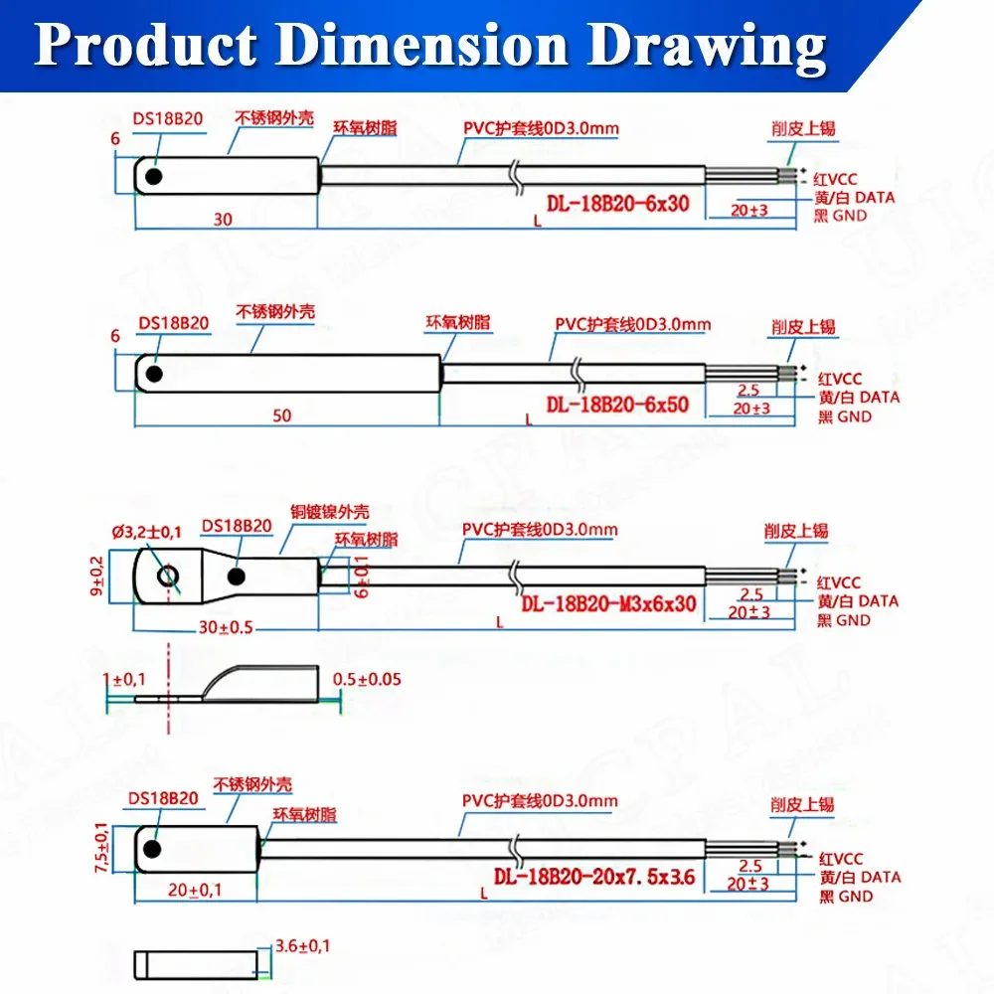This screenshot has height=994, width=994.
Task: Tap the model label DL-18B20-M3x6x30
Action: pyautogui.click(x=608, y=604)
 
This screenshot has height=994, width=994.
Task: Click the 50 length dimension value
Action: pyautogui.click(x=282, y=415)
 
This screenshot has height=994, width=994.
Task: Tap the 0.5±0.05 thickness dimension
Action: pyautogui.click(x=366, y=680)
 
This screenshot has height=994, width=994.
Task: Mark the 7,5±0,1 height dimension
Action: pyautogui.click(x=100, y=847)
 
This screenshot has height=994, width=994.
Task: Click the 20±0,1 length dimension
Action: pyautogui.click(x=195, y=891)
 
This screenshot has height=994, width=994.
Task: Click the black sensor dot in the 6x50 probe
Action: pyautogui.click(x=152, y=375)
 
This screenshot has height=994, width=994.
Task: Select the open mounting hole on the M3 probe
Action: pyautogui.click(x=168, y=577)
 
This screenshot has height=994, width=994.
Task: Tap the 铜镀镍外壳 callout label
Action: pyautogui.click(x=330, y=512)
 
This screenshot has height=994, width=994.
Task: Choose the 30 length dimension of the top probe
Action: pyautogui.click(x=224, y=218)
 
